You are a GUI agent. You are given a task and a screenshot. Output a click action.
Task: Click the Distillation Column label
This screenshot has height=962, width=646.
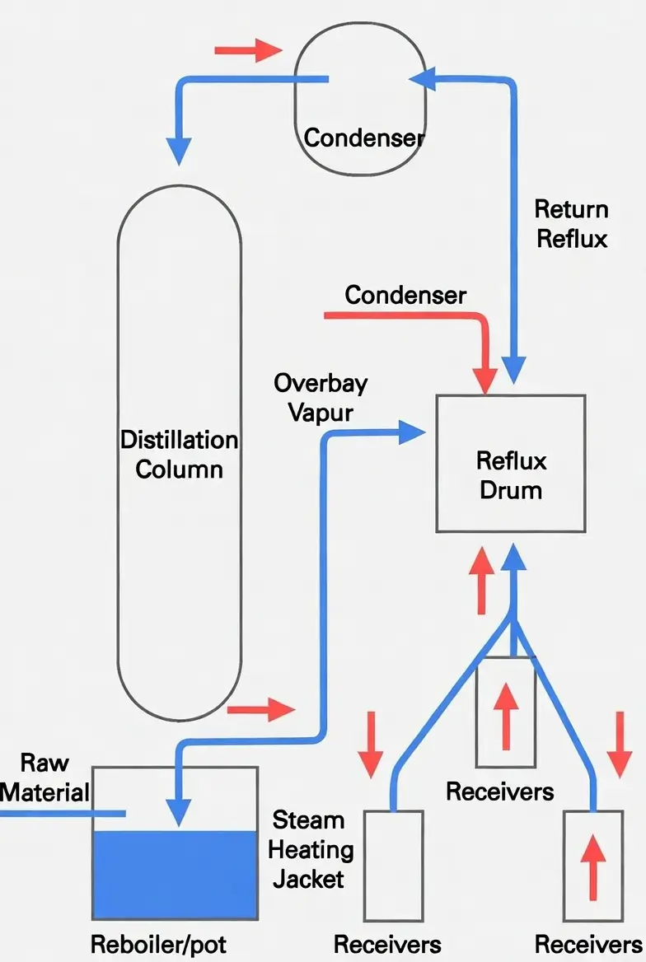coord(180,454)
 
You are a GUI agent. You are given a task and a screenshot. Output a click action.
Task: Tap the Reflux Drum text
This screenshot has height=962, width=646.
coord(511,475)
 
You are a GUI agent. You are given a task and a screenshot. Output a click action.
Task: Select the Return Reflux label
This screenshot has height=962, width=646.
coord(572,223)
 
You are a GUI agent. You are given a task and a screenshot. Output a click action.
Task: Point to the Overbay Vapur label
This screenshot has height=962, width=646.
coord(321,397)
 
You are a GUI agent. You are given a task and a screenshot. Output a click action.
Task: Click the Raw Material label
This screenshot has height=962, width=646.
coord(44,778)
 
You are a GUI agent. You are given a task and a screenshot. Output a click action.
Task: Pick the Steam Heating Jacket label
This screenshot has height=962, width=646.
coord(308,849)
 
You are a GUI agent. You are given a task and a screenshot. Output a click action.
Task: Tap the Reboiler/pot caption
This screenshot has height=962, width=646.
coord(158,944)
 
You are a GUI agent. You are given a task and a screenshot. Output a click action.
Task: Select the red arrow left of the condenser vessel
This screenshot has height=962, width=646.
coord(248,50)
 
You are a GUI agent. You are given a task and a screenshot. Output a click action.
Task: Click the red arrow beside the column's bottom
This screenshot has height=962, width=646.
coord(260,708)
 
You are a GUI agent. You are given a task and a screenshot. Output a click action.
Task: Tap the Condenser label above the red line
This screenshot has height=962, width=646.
coord(405,295)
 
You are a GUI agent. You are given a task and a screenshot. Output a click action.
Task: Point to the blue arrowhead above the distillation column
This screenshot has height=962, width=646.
coord(179,149)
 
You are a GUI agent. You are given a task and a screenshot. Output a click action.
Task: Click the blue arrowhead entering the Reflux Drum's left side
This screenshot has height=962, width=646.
coord(411,432)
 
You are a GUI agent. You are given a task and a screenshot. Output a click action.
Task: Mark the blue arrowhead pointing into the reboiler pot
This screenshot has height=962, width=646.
coord(179,810)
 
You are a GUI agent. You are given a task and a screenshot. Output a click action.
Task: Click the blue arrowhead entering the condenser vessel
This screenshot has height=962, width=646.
coord(422,77)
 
